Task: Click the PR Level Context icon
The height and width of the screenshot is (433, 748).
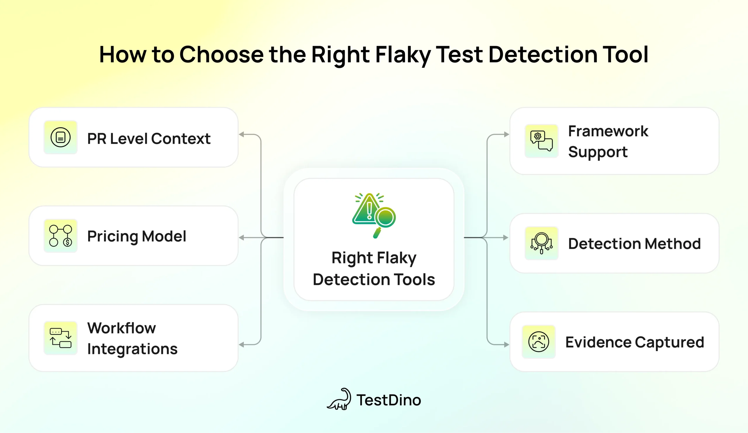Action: (60, 137)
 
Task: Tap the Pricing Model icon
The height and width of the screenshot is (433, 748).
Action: (60, 236)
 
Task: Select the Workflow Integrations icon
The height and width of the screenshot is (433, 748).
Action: (60, 338)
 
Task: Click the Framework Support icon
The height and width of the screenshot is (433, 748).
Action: (541, 141)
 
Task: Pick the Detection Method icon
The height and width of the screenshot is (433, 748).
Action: (541, 243)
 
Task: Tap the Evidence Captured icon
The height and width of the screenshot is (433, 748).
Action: (539, 342)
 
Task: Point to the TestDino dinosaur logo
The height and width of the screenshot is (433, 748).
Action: (339, 399)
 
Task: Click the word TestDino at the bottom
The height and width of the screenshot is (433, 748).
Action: (389, 400)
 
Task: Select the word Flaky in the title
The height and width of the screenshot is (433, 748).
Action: (403, 55)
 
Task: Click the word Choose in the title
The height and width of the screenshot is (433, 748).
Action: (221, 55)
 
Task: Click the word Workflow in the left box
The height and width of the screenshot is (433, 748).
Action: (121, 328)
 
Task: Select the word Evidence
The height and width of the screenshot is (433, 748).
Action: (598, 342)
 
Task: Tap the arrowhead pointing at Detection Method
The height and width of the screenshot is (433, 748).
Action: (505, 238)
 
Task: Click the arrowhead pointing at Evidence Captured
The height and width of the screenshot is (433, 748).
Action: (506, 344)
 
